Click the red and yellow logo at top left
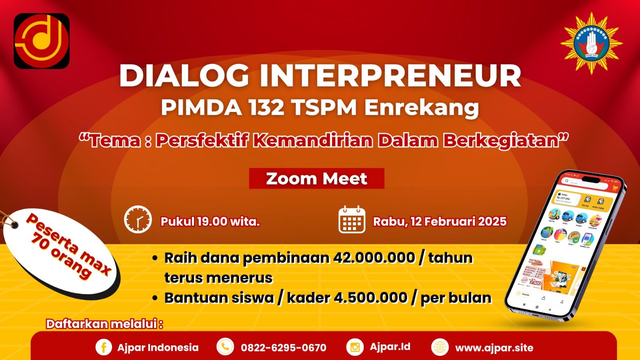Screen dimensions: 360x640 click(42, 41)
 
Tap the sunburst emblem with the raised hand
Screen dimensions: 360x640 click(591, 43)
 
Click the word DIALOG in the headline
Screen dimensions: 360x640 click(184, 76)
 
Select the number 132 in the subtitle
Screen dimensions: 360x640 click(266, 107)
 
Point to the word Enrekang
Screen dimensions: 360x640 click(422, 108)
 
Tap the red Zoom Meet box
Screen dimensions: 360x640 click(316, 178)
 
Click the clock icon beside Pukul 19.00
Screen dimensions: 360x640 click(138, 220)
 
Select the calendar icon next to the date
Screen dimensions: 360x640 click(352, 220)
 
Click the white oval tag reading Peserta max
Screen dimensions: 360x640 click(62, 252)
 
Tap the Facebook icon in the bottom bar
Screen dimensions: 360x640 click(103, 347)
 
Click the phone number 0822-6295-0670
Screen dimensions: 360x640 click(283, 348)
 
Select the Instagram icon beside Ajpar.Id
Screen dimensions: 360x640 click(355, 347)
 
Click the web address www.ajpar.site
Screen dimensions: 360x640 click(494, 348)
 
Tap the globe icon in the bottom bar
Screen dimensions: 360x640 click(440, 347)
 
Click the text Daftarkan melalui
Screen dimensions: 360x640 click(104, 324)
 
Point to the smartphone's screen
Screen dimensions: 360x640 click(564, 244)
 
